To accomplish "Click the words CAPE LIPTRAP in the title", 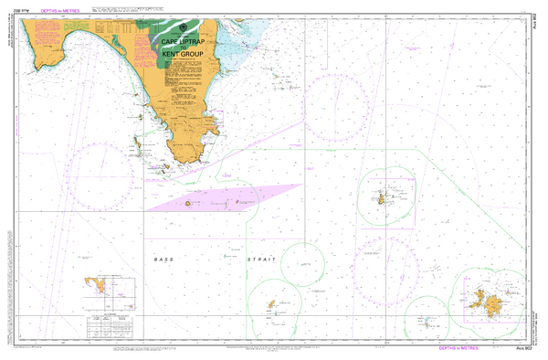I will pos(181,42).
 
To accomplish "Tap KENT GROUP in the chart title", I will pos(181,57).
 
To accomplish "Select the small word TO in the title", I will pos(181,49).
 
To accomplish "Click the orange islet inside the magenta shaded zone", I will pos(188,204).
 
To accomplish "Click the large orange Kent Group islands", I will pos(493,301).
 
